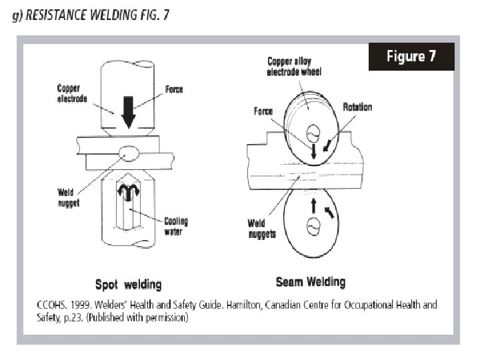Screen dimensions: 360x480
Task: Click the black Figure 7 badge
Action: tap(411, 57)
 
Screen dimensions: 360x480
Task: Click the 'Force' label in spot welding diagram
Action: tap(173, 89)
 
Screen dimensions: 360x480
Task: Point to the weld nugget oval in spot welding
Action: tap(127, 154)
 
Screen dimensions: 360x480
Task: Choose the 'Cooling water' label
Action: tap(176, 226)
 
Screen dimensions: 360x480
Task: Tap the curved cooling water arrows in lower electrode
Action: tap(127, 191)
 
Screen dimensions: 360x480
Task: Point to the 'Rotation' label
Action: tap(358, 107)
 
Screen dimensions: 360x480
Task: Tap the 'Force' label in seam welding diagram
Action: tap(263, 111)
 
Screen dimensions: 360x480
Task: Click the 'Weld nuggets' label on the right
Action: tap(262, 229)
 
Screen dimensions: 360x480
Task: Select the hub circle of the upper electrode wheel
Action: tap(311, 131)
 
